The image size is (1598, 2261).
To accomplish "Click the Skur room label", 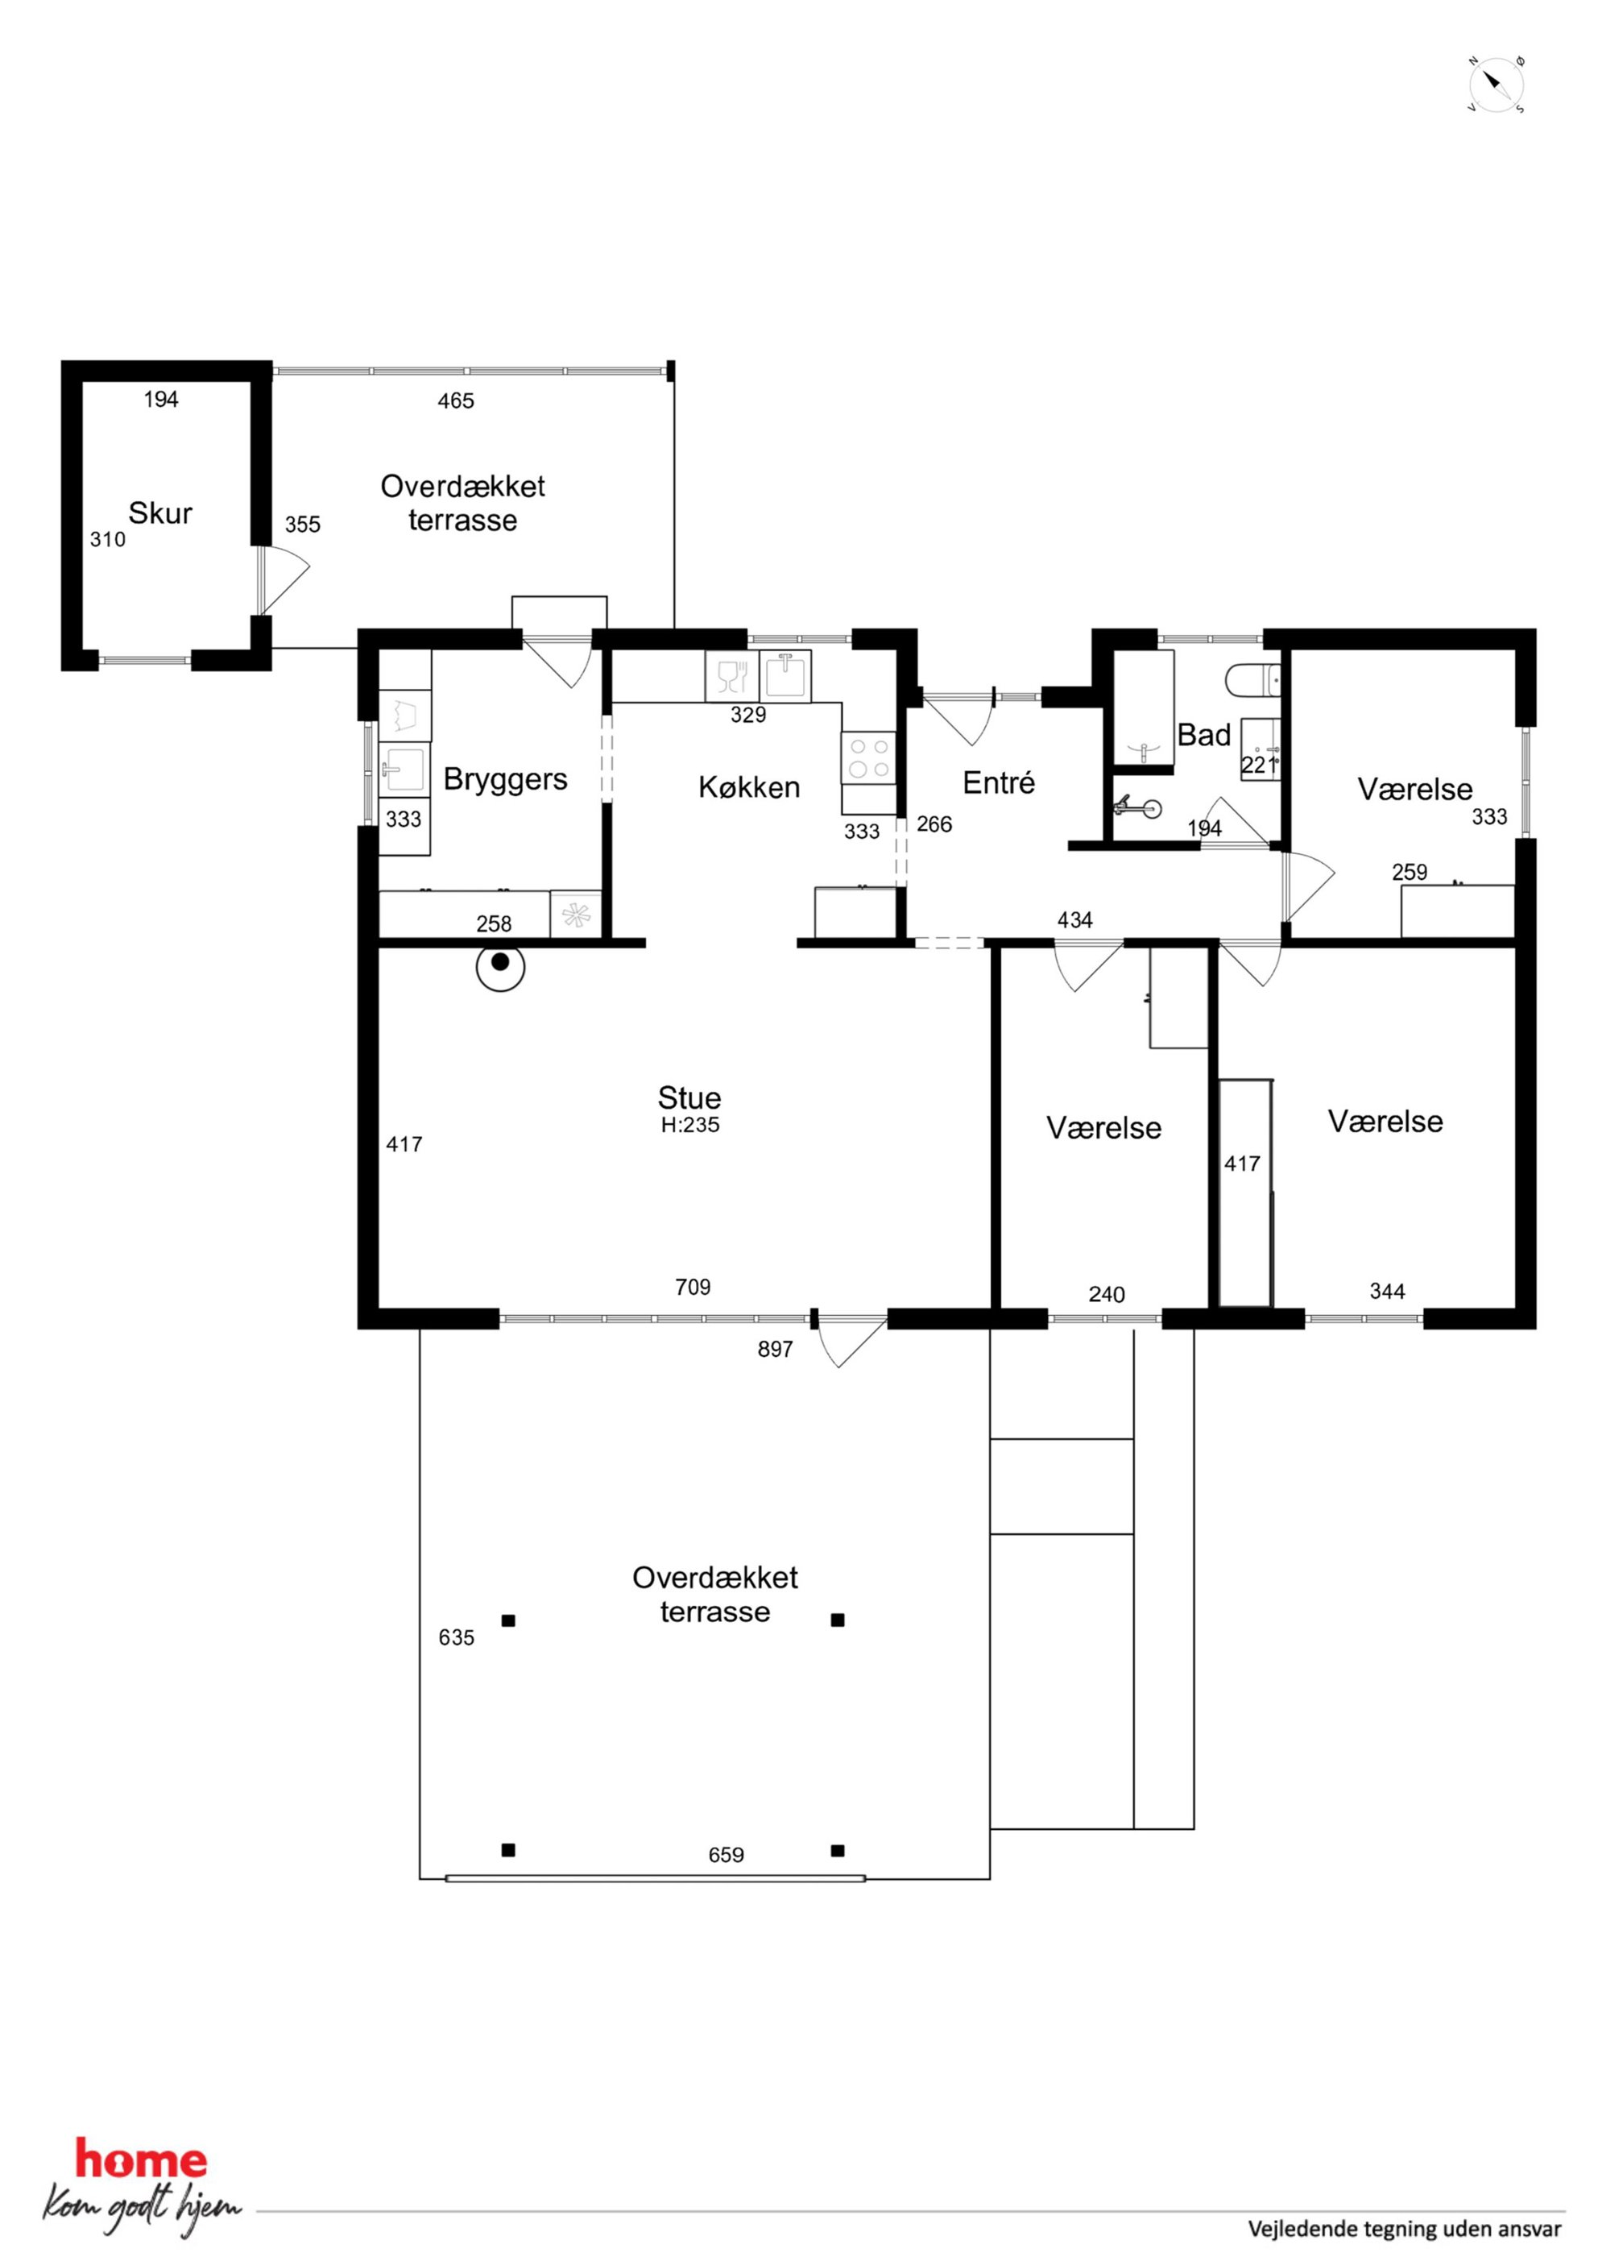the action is (159, 513).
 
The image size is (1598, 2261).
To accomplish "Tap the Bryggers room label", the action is (505, 780).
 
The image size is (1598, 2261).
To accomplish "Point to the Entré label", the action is (999, 783).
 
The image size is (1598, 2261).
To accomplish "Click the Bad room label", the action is (1204, 735).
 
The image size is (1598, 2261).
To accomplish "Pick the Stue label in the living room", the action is (689, 1097).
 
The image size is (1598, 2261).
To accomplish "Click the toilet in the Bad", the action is (1252, 679).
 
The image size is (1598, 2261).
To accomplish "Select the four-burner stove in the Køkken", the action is (869, 758).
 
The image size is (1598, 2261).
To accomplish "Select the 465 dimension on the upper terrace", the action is (456, 400).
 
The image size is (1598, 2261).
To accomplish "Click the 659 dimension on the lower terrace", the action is (726, 1855).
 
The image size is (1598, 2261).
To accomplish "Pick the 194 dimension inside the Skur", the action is (160, 399).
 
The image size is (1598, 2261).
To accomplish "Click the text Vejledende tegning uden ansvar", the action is (1404, 2229).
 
